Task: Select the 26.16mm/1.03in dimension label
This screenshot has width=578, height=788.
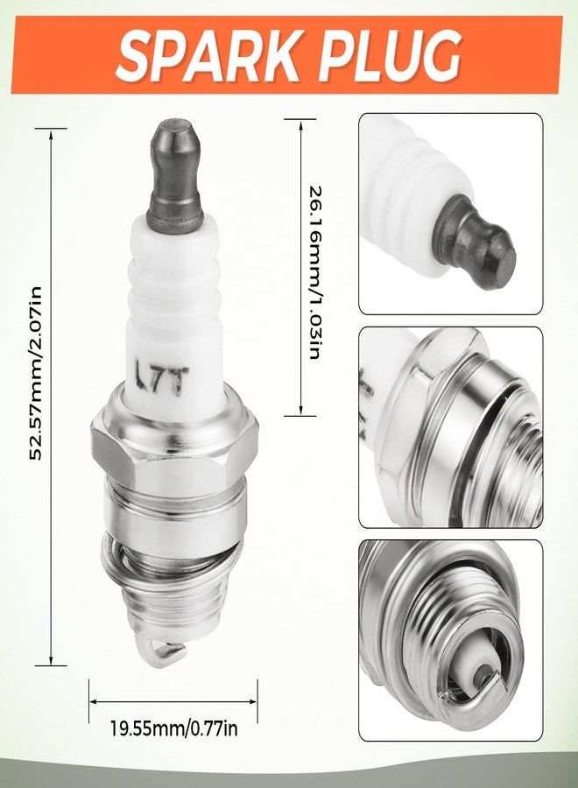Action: point(315,273)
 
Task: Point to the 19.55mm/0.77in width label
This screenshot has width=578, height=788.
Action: point(174,728)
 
